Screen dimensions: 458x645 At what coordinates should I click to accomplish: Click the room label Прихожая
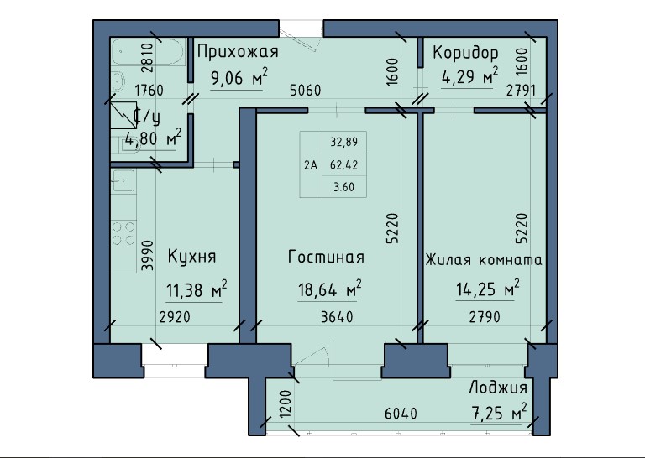(x=237, y=53)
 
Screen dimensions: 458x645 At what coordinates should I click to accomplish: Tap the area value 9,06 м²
(x=239, y=80)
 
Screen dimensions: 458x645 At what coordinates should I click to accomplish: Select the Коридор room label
(x=465, y=53)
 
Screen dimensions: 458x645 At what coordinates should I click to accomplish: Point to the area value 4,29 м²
(x=470, y=80)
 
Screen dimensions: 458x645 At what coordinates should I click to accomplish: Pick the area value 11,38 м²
(x=197, y=290)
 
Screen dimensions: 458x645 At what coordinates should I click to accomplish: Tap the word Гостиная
(x=325, y=256)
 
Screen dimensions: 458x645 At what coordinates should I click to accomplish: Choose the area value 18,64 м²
(x=330, y=290)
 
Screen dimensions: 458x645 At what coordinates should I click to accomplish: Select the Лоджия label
(x=499, y=388)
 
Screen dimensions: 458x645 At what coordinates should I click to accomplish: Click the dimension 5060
(x=305, y=91)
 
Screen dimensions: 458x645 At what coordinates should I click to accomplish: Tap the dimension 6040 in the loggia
(x=402, y=414)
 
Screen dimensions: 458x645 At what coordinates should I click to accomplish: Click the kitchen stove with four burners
(x=125, y=232)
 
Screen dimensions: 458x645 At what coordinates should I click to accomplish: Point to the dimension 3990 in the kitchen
(x=148, y=249)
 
